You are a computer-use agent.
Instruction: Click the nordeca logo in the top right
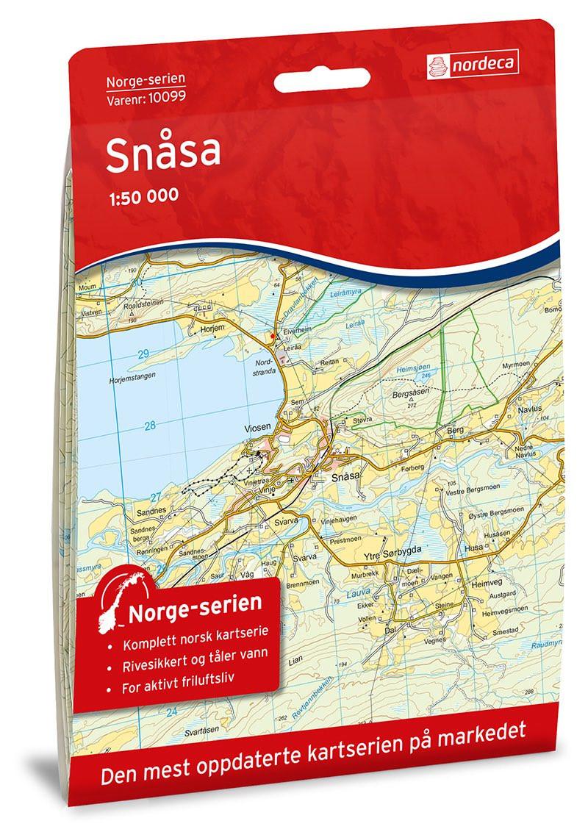pyautogui.click(x=470, y=65)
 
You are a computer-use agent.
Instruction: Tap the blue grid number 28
pyautogui.click(x=151, y=425)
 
